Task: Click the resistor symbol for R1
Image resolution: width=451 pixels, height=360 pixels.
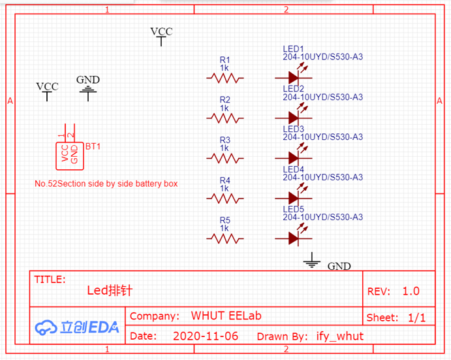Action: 225,78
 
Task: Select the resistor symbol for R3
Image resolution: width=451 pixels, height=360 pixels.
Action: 225,158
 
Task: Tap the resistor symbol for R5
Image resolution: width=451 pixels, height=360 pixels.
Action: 225,238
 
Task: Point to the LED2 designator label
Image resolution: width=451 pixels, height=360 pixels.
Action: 294,89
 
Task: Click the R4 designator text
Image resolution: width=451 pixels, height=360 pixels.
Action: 225,180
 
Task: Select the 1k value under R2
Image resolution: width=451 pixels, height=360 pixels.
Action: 225,108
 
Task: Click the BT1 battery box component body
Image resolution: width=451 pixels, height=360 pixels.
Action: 70,156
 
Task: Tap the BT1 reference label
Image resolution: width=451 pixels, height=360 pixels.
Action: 93,146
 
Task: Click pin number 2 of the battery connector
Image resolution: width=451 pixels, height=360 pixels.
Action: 70,135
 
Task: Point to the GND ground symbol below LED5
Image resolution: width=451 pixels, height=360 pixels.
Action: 312,260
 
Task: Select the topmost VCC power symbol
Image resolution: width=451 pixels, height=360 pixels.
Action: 161,37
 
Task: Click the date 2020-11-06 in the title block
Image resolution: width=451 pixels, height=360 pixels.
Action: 206,336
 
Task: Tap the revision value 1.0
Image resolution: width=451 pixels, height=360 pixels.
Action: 411,291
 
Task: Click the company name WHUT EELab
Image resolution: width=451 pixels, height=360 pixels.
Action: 226,316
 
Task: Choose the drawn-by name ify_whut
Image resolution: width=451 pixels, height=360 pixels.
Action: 340,336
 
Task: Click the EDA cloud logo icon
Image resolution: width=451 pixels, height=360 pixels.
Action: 46,327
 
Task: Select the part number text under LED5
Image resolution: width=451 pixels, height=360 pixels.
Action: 322,217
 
